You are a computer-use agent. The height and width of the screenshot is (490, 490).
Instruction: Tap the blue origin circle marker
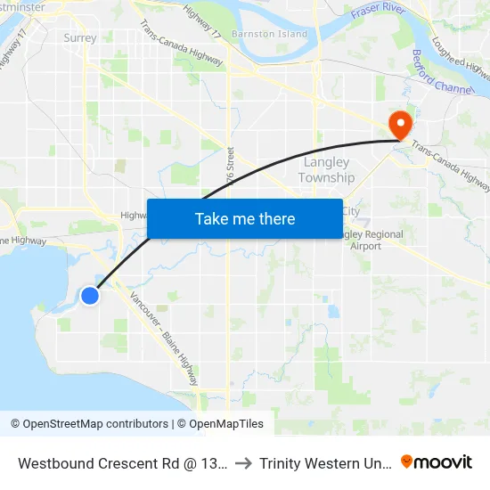[90, 295]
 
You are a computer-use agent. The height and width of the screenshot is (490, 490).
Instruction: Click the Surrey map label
[80, 38]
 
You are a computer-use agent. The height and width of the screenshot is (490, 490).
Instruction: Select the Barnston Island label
[269, 34]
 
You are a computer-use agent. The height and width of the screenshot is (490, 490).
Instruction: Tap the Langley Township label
[326, 170]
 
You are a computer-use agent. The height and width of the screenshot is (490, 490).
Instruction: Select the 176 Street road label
[232, 165]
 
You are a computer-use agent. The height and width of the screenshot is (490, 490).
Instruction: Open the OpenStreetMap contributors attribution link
[89, 424]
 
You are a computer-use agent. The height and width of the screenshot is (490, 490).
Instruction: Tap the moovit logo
[437, 461]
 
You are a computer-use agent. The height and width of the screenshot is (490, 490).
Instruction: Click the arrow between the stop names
[244, 462]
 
